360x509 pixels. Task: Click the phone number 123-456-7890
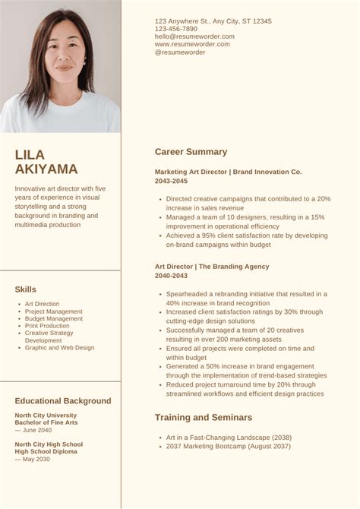pyautogui.click(x=175, y=29)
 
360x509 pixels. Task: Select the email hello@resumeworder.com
pyautogui.click(x=194, y=36)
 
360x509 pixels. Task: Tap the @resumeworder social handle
pyautogui.click(x=180, y=52)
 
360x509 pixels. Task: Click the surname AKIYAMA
pyautogui.click(x=46, y=169)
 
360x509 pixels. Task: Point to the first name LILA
pyautogui.click(x=30, y=154)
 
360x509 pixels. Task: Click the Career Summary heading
pyautogui.click(x=191, y=152)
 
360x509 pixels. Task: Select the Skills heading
pyautogui.click(x=25, y=289)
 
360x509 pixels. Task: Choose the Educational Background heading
pyautogui.click(x=63, y=401)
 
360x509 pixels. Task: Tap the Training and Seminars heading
pyautogui.click(x=204, y=418)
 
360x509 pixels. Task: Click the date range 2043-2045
pyautogui.click(x=172, y=182)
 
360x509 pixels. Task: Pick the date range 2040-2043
pyautogui.click(x=172, y=277)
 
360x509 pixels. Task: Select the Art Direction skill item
pyautogui.click(x=42, y=304)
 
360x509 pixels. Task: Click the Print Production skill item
pyautogui.click(x=47, y=326)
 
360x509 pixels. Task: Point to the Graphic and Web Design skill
pyautogui.click(x=59, y=348)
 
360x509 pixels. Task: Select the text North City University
pyautogui.click(x=46, y=416)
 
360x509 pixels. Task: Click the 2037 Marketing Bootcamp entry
pyautogui.click(x=228, y=446)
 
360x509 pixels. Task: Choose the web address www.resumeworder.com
pyautogui.click(x=192, y=44)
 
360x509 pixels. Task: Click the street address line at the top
pyautogui.click(x=213, y=21)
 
